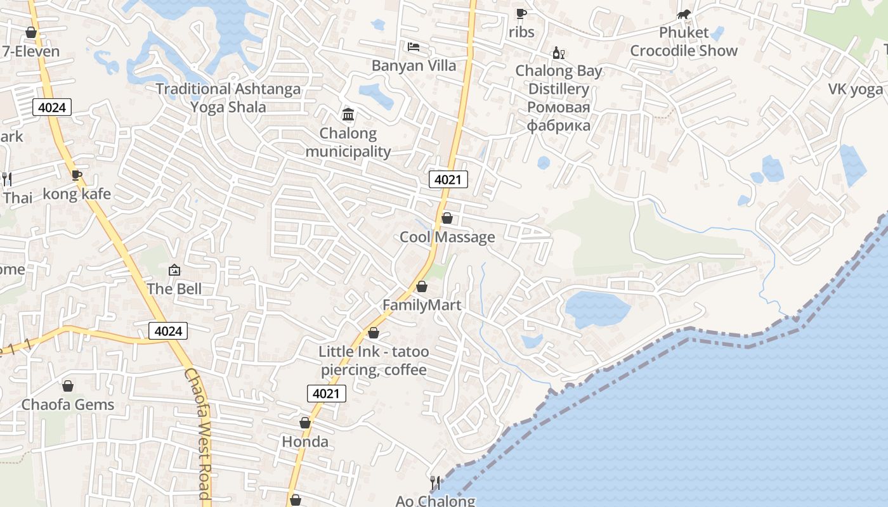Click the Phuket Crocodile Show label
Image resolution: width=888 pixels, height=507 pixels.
click(x=684, y=42)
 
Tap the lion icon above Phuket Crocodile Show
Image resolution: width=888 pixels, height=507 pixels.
click(x=683, y=15)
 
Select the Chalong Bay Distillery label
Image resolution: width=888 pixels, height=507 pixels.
click(x=558, y=80)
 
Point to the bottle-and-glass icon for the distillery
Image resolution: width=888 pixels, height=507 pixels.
click(x=558, y=53)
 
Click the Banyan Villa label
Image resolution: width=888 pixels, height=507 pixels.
click(x=414, y=65)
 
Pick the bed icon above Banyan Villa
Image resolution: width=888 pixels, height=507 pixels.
click(x=414, y=47)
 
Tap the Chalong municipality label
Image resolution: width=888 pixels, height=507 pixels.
click(x=348, y=143)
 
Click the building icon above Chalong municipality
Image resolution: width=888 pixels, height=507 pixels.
click(x=348, y=115)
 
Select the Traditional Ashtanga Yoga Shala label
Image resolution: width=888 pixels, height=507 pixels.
click(x=228, y=98)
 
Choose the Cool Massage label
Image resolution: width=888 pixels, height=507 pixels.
click(x=447, y=237)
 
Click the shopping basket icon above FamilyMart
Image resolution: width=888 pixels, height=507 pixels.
click(x=422, y=286)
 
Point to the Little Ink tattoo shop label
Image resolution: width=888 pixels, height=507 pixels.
click(x=374, y=361)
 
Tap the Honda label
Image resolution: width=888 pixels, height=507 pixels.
click(x=305, y=442)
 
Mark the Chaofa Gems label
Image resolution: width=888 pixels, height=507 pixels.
click(x=68, y=404)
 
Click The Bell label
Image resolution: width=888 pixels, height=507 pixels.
click(x=174, y=289)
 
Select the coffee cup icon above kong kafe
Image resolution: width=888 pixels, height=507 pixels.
click(x=77, y=175)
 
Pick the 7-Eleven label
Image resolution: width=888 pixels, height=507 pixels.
click(x=30, y=51)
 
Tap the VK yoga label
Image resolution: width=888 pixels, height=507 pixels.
click(x=855, y=89)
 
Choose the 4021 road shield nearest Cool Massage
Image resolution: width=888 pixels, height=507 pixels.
click(x=448, y=179)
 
